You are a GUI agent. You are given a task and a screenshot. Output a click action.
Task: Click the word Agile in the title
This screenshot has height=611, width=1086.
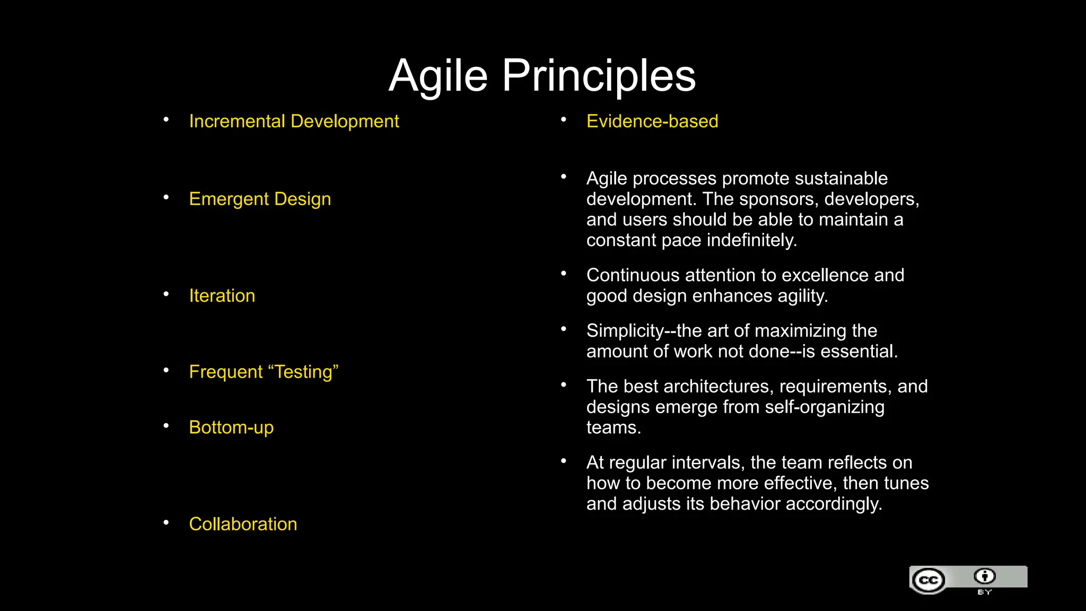click(438, 76)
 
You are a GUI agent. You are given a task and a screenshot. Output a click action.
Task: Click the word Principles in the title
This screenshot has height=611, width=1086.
click(599, 76)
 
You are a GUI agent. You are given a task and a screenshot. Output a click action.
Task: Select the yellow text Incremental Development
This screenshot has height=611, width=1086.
click(294, 121)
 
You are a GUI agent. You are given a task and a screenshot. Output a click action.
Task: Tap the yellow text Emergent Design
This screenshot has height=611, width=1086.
click(260, 199)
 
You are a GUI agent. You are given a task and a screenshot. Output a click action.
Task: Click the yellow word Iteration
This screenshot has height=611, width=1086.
click(222, 295)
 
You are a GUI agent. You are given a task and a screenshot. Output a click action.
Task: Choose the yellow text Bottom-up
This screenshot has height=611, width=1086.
click(231, 427)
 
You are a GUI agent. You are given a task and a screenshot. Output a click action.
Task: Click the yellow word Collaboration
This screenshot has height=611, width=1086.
click(243, 524)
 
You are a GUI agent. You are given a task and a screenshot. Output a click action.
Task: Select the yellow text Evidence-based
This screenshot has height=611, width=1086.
click(652, 121)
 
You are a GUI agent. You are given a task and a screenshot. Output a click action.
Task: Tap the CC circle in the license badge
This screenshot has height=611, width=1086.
click(929, 580)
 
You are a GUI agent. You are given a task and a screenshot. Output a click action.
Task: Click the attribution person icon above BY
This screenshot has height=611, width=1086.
click(985, 576)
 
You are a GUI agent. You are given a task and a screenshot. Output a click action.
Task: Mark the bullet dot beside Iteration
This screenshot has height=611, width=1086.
click(166, 293)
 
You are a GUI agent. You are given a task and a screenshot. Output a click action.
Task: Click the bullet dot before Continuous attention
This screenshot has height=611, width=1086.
click(564, 273)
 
